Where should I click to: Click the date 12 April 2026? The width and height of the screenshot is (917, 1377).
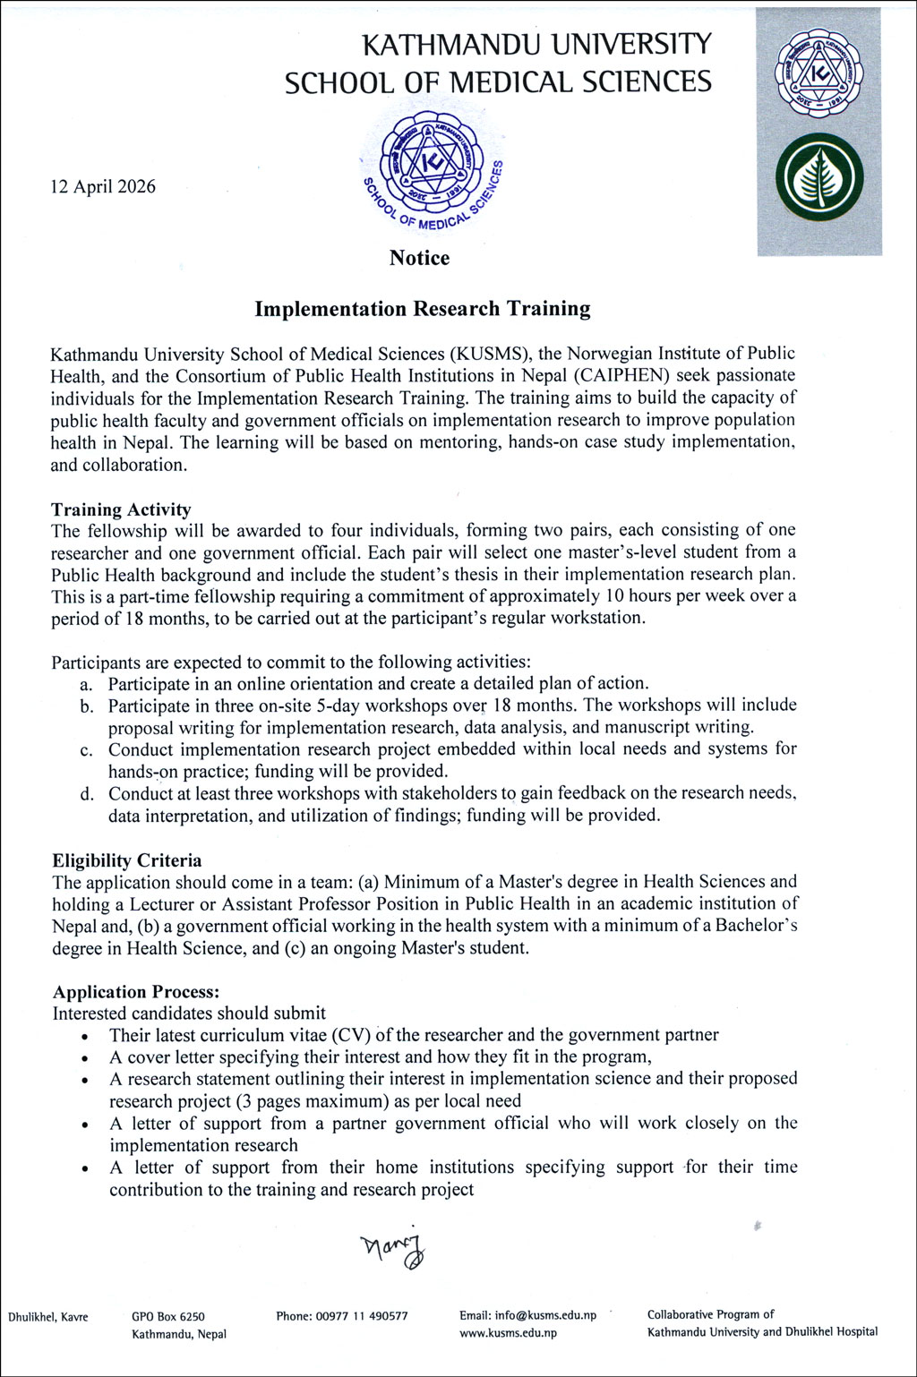(103, 186)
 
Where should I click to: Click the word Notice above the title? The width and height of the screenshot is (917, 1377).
(419, 258)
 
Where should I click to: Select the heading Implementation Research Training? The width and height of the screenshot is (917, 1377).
(423, 309)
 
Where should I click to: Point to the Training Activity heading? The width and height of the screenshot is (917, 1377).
(121, 509)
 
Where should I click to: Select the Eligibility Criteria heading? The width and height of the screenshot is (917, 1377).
(127, 860)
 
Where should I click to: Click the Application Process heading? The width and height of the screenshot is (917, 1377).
(136, 992)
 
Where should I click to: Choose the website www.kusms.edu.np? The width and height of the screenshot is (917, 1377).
(509, 1333)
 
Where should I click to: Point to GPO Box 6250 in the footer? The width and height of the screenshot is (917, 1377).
(168, 1316)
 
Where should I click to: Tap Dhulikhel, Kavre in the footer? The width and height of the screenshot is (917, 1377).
(48, 1316)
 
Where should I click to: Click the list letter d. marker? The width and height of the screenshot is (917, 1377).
(87, 794)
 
